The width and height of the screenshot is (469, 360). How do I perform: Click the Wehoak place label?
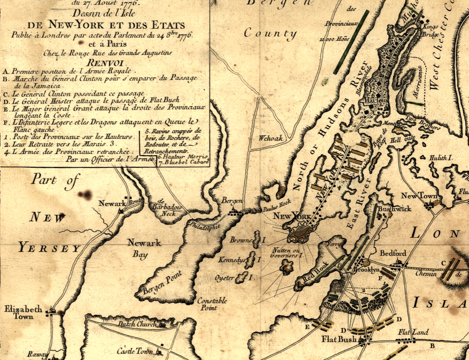271,138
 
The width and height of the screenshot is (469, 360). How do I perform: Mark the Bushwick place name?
394,209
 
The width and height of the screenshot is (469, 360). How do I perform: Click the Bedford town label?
393,253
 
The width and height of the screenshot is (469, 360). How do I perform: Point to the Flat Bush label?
339,339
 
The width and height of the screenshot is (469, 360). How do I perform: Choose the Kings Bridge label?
429,30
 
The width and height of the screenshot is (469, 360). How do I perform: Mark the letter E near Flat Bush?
308,326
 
